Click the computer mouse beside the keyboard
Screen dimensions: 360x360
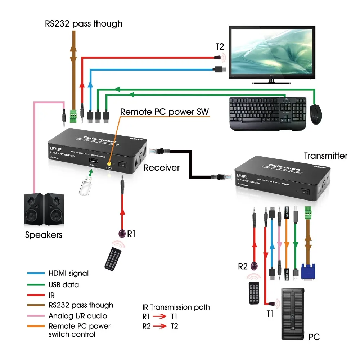tap(316, 114)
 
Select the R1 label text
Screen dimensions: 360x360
tap(132, 234)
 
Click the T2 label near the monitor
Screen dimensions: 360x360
tap(220, 47)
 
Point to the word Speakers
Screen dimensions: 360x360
tap(44, 235)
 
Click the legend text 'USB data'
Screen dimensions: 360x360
tap(64, 285)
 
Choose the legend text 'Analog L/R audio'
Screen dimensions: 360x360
tap(78, 316)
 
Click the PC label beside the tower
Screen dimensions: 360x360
tap(314, 337)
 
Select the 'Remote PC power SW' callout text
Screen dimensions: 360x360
tap(164, 112)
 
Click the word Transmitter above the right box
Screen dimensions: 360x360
tap(326, 156)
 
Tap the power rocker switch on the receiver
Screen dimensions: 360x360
tap(123, 165)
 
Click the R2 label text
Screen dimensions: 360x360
tap(243, 267)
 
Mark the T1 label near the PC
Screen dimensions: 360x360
tap(270, 314)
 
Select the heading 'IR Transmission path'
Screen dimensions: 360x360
tap(176, 307)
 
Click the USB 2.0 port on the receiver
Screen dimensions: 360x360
tap(93, 161)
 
